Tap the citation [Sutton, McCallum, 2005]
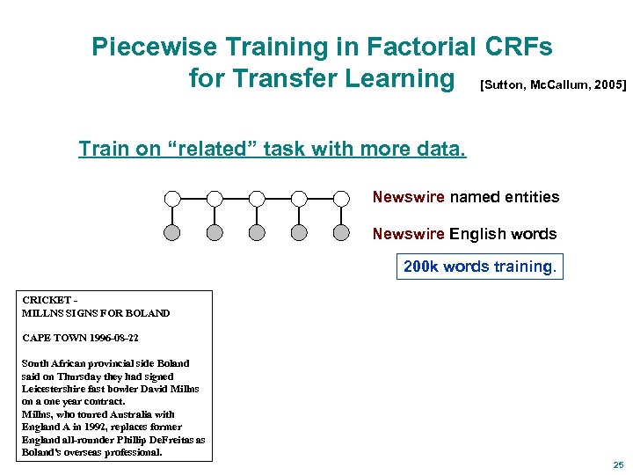coord(553,84)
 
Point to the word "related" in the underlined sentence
coord(201,149)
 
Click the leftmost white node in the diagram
coord(172,198)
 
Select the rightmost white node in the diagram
coord(342,198)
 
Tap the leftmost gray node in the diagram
coord(172,233)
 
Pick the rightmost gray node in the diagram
coord(342,233)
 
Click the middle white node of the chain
coord(257,198)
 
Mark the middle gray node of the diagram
coord(257,233)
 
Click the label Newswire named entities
coord(465,197)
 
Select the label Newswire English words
coord(464,234)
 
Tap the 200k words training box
coord(479,266)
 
